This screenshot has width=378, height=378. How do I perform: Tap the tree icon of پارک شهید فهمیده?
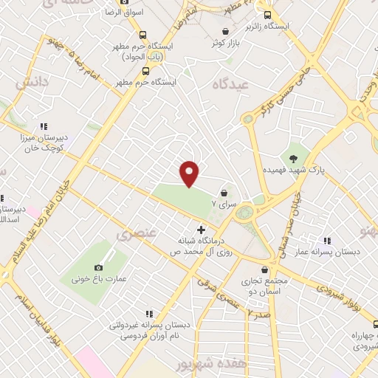pyautogui.click(x=293, y=158)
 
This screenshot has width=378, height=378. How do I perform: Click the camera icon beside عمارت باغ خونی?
pyautogui.click(x=98, y=267)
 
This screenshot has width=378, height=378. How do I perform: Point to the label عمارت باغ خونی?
pyautogui.click(x=91, y=280)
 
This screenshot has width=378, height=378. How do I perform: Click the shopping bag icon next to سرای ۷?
pyautogui.click(x=223, y=193)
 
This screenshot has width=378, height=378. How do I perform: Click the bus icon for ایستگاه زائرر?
pyautogui.click(x=267, y=15)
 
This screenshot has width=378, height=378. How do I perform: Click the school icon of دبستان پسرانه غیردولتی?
pyautogui.click(x=150, y=314)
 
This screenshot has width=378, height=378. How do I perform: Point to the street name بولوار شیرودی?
pyautogui.click(x=341, y=283)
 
